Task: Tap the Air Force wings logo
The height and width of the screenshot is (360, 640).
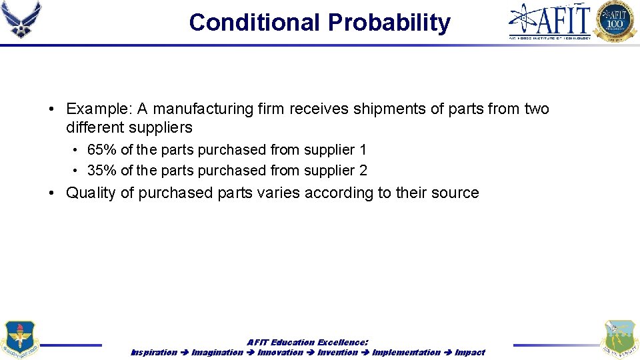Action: [21, 19]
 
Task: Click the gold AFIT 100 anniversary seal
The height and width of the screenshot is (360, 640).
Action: [615, 21]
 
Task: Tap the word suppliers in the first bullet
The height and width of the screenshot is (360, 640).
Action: [162, 127]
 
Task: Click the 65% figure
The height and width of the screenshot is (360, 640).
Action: [101, 150]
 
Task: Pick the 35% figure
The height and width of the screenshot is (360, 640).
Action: [101, 171]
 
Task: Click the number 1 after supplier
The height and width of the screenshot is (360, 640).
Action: [363, 150]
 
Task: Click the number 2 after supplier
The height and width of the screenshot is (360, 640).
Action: [363, 171]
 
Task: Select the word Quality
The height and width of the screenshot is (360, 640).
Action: [91, 193]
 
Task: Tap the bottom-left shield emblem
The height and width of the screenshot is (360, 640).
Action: [19, 340]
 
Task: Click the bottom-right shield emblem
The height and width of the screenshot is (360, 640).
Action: [619, 340]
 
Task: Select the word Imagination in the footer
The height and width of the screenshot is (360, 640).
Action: [217, 352]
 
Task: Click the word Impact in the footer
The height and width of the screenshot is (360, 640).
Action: [470, 352]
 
